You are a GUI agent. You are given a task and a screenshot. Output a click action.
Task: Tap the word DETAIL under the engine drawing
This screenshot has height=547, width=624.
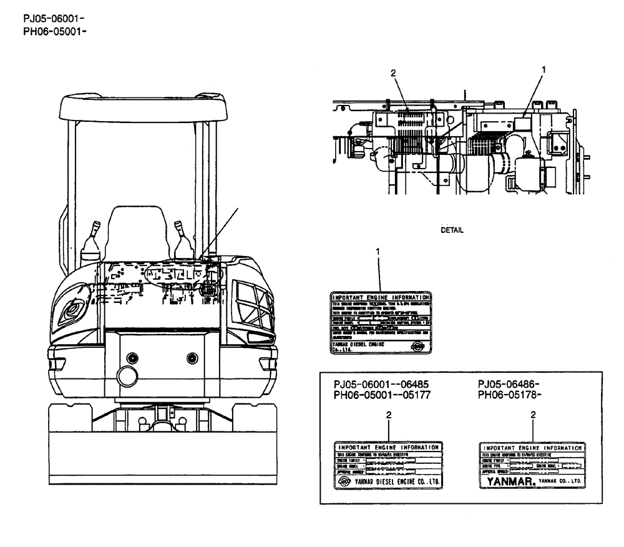click(x=453, y=230)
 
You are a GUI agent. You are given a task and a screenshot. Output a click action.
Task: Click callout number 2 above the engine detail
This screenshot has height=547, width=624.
click(x=393, y=73)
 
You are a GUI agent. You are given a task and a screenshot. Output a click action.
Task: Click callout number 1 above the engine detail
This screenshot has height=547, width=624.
click(x=543, y=71)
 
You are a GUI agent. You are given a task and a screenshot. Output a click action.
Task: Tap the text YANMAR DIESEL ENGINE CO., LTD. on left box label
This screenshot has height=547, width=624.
click(x=396, y=482)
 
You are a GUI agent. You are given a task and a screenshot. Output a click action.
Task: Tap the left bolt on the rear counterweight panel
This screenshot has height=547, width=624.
click(x=131, y=358)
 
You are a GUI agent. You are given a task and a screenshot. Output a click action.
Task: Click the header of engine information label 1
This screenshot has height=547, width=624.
click(x=380, y=297)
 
